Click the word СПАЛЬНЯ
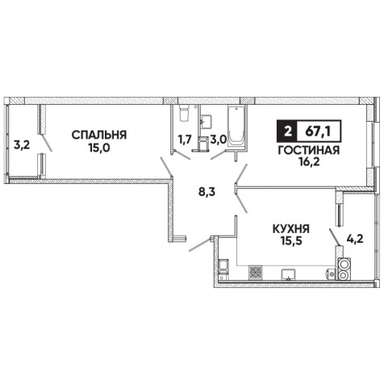click(99, 135)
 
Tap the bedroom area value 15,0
click(99, 148)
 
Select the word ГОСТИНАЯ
click(309, 151)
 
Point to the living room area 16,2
click(309, 162)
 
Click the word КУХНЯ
click(291, 229)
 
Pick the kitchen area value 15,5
click(292, 241)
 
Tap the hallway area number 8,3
click(207, 193)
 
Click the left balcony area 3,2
click(22, 145)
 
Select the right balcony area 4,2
click(355, 239)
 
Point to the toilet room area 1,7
click(185, 140)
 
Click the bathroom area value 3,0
click(218, 140)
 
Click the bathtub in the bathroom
click(236, 127)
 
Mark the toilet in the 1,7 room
click(185, 113)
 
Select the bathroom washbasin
click(207, 122)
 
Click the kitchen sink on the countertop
click(288, 274)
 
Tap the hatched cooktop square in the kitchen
click(256, 273)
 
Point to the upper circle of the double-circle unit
click(344, 264)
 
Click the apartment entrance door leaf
click(199, 244)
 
